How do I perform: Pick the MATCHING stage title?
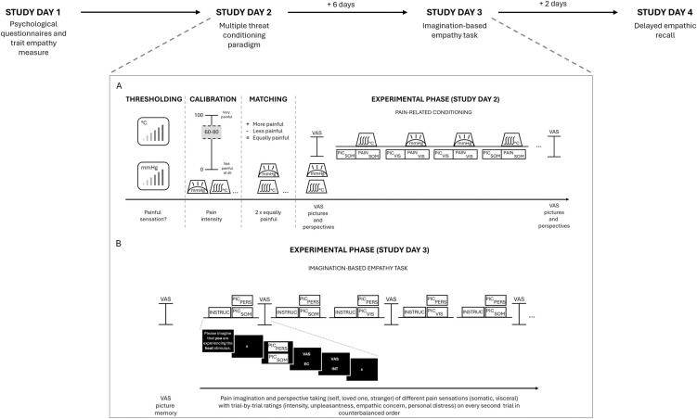[x=266, y=99]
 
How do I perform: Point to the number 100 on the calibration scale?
[x=200, y=116]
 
